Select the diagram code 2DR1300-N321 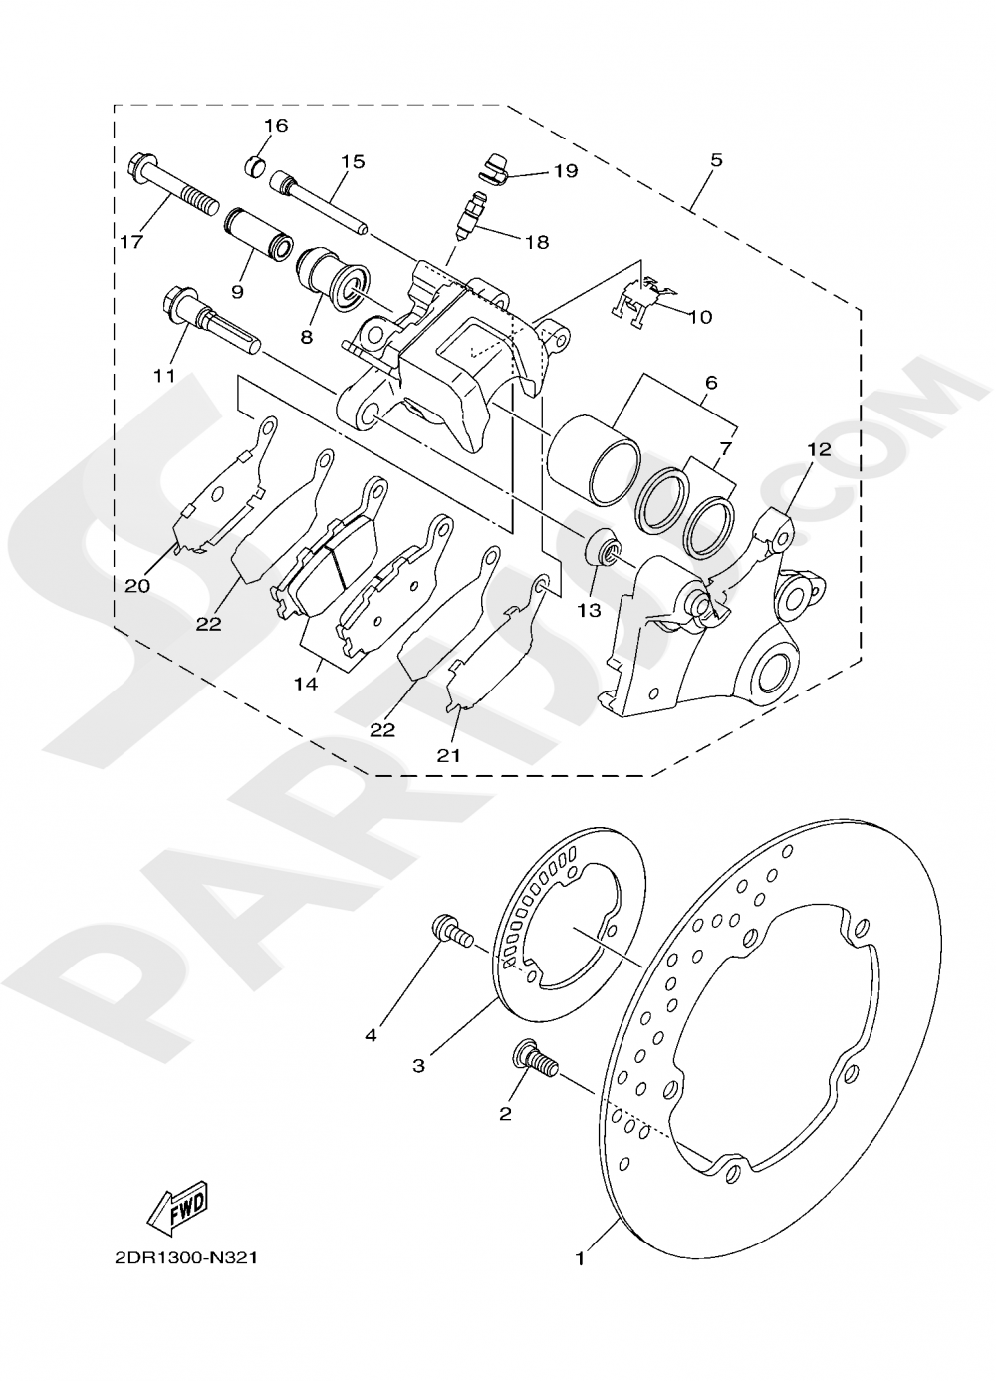[x=186, y=1258]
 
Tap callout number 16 [x=275, y=126]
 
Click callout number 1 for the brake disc [x=579, y=1259]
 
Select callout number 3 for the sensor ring [x=419, y=1065]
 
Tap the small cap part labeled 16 [x=256, y=164]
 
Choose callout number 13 [x=589, y=610]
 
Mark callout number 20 [x=137, y=586]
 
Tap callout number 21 [x=449, y=755]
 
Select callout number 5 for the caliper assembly [x=717, y=160]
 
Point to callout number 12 [x=818, y=450]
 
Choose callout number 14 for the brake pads [x=306, y=684]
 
